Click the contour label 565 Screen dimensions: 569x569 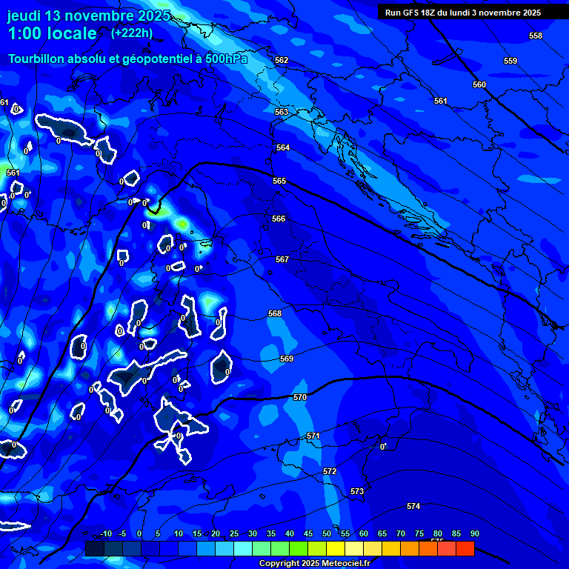coord(279,182)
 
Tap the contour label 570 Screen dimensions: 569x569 coord(300,398)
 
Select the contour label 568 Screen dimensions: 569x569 coord(275,314)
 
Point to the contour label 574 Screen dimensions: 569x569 coord(413,507)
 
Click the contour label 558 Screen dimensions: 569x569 coord(536,36)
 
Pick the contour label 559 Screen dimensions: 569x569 coord(510,61)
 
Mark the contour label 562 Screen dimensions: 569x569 coord(282,61)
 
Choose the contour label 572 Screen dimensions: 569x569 coord(330,472)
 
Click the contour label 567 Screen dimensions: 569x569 coord(282,260)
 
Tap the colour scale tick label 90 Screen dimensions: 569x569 coord(474,534)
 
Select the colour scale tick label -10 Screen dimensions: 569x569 coord(105,534)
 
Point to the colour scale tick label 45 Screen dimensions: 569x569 coord(308,534)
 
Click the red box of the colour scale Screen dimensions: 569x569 coord(465,549)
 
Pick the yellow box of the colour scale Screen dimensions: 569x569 coord(335,549)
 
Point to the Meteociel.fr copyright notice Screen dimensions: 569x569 coord(313,564)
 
